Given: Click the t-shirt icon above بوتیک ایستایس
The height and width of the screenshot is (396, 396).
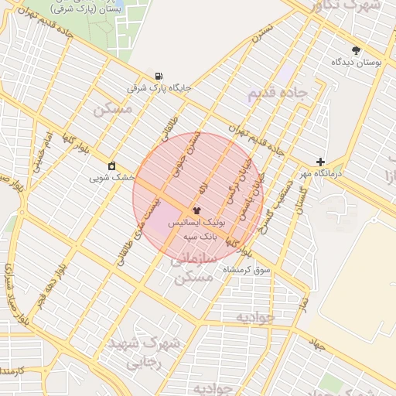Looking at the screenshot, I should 196,210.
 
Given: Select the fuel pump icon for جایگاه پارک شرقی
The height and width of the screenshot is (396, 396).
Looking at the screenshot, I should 159,77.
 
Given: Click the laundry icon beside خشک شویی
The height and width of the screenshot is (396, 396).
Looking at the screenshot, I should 112,166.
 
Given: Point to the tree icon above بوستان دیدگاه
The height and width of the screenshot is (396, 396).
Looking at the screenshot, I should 356,49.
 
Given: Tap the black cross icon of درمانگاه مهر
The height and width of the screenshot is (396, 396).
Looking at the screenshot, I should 320,162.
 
